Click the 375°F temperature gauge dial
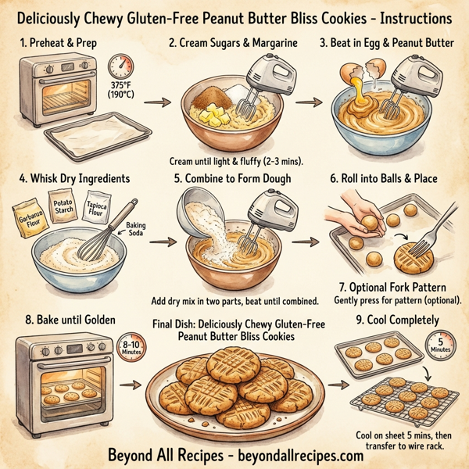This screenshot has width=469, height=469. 121,66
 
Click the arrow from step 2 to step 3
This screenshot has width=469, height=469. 306,101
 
